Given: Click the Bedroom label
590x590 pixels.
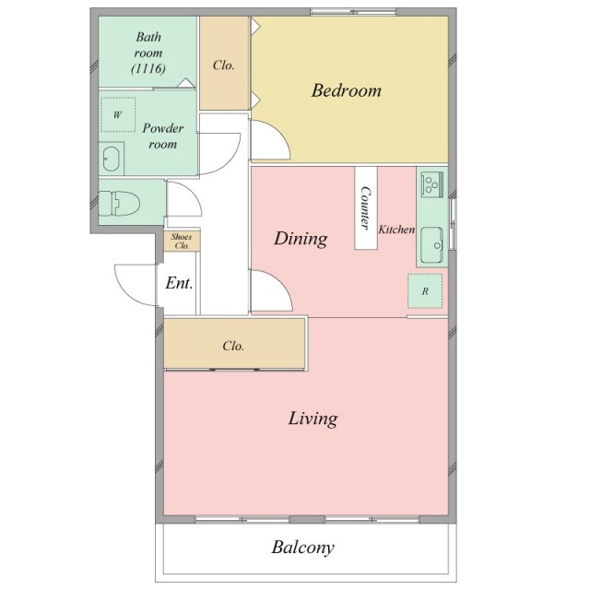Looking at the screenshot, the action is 347,90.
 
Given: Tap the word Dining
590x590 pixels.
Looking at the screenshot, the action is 301,239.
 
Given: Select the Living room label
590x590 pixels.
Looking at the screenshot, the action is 313,419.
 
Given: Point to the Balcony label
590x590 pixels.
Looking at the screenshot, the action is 303,548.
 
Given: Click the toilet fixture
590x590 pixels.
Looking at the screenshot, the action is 119,203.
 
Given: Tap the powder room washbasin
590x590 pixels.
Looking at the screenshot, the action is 112,159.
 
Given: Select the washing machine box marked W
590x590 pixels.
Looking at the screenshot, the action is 118,114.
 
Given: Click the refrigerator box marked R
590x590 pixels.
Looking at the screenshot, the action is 425,291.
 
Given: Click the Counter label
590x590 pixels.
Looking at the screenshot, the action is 365,207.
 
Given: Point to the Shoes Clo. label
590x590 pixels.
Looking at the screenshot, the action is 182,242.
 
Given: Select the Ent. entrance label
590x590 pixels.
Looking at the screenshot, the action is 179,283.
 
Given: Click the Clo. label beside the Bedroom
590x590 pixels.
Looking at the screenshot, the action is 223,65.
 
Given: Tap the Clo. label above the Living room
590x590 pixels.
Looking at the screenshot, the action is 233,346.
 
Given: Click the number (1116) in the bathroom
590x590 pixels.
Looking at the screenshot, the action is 148,68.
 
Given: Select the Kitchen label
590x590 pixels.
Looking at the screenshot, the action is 396,230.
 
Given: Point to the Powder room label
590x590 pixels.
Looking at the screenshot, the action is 163,136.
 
